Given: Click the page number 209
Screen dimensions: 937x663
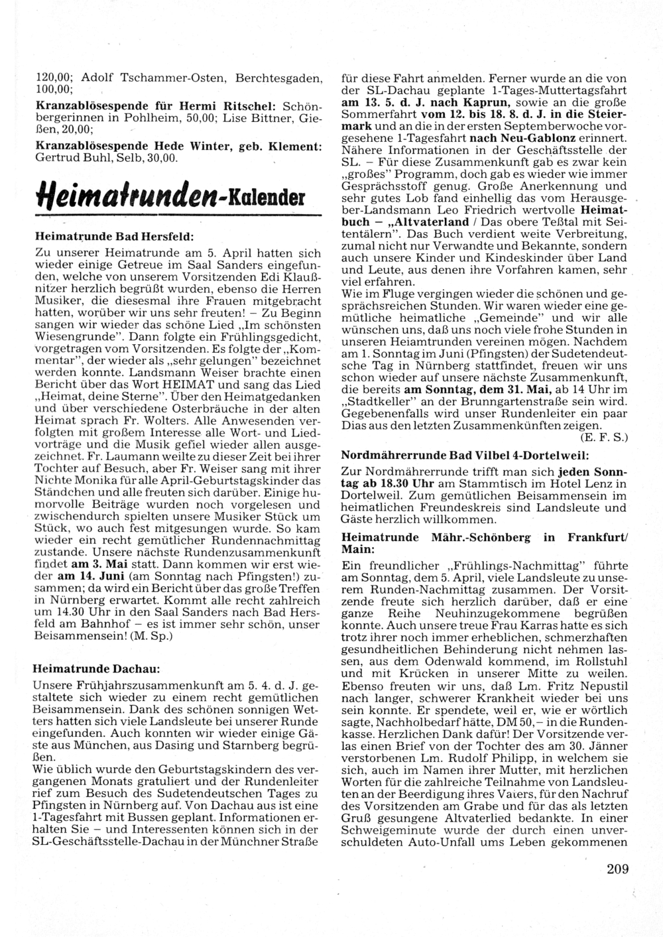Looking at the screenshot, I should tap(617, 869).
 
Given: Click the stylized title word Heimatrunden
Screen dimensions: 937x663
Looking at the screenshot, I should tap(124, 196).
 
